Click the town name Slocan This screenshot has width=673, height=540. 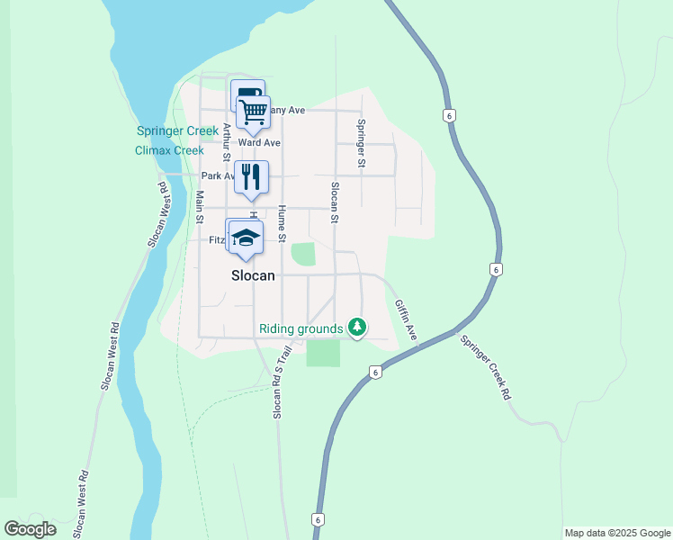coord(252,276)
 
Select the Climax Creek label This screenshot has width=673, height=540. coord(169,150)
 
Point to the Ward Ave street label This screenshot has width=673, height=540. coord(260,143)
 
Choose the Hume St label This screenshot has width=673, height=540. coord(281,224)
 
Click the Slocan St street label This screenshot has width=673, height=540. coord(334,202)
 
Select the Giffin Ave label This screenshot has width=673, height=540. coord(405,319)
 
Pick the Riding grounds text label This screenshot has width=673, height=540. coord(301,328)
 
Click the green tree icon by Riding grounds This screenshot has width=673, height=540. coord(358,326)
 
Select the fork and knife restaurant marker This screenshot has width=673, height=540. coord(252,176)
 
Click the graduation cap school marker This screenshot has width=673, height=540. coord(245,238)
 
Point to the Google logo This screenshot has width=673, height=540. coord(30,529)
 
